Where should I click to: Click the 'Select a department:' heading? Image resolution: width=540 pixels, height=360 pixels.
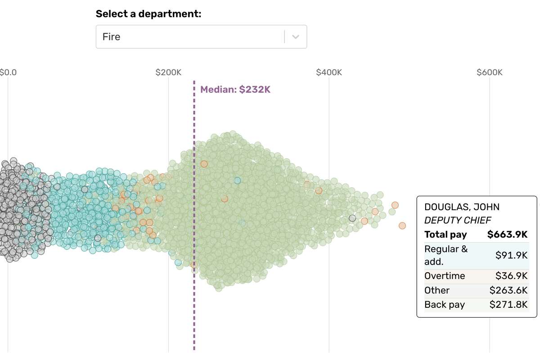click(148, 13)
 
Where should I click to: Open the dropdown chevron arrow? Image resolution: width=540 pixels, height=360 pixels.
click(296, 37)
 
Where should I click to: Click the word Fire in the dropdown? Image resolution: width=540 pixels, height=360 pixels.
click(111, 37)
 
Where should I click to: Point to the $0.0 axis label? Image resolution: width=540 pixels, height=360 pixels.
click(8, 72)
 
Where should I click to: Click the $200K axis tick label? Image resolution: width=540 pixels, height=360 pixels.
click(168, 72)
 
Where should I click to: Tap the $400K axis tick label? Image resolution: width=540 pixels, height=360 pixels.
click(329, 72)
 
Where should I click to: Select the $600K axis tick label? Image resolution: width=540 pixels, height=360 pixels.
click(490, 72)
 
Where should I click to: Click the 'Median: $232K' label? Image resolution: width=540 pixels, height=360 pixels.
click(235, 90)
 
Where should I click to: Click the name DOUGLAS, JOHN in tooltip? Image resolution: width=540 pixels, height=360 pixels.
click(462, 207)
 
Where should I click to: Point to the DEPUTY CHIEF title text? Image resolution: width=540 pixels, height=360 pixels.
click(458, 220)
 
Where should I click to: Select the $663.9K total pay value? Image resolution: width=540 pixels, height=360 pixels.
click(507, 234)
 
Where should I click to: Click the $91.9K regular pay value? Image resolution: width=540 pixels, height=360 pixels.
click(511, 255)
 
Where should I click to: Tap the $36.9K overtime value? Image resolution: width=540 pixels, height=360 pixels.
click(511, 276)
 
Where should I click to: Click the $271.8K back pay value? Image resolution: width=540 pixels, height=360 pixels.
click(508, 305)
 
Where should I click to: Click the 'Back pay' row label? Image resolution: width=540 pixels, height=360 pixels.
click(445, 305)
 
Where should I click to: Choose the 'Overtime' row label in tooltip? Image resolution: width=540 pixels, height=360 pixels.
click(445, 276)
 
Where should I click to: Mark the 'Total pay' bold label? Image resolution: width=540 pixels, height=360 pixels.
click(445, 234)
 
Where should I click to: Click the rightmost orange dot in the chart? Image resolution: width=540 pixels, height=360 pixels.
click(402, 225)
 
